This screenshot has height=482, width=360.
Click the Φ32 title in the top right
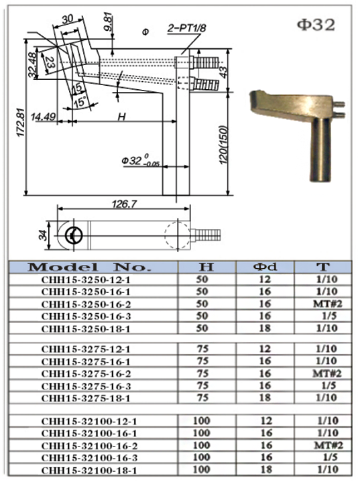pos(315,25)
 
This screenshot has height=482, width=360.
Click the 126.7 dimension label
pos(122,203)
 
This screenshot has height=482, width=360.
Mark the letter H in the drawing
pos(121,116)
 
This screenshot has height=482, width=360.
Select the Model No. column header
pos(84,267)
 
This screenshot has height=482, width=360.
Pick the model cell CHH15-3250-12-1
pos(85,280)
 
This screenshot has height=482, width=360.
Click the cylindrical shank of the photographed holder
pos(320,151)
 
